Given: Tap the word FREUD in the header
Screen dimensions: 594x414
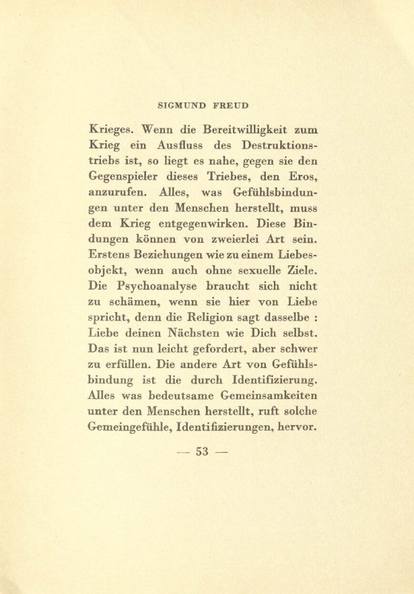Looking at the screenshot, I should [x=236, y=106].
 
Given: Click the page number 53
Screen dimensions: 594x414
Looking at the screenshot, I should [x=203, y=450].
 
